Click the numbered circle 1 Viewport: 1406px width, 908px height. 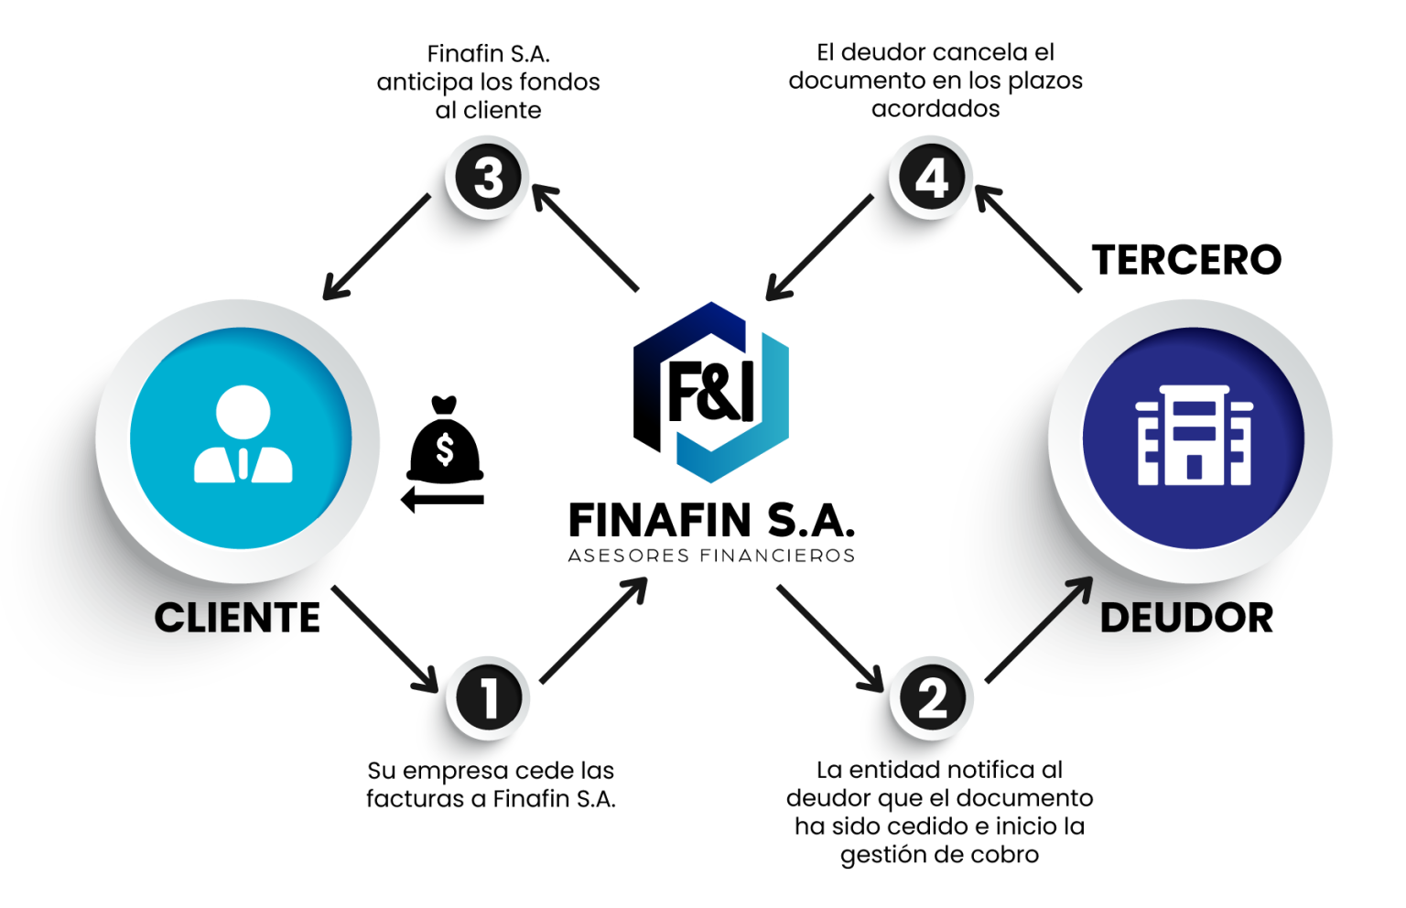(x=488, y=697)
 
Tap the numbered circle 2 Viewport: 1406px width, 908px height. (x=932, y=699)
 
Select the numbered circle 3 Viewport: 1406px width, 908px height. (x=488, y=178)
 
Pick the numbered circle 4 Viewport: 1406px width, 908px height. (x=931, y=178)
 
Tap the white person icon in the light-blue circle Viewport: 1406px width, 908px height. (x=243, y=435)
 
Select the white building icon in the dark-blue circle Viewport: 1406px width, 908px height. (x=1194, y=435)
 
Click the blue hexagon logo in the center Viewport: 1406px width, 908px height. (x=712, y=391)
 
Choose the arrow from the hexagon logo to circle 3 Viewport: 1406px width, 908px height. (x=587, y=237)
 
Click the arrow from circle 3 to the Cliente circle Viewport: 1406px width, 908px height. (x=375, y=247)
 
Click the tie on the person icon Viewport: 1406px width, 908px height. (x=243, y=464)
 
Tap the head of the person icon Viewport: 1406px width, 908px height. (x=243, y=410)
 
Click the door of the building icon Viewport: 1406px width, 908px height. (x=1194, y=467)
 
